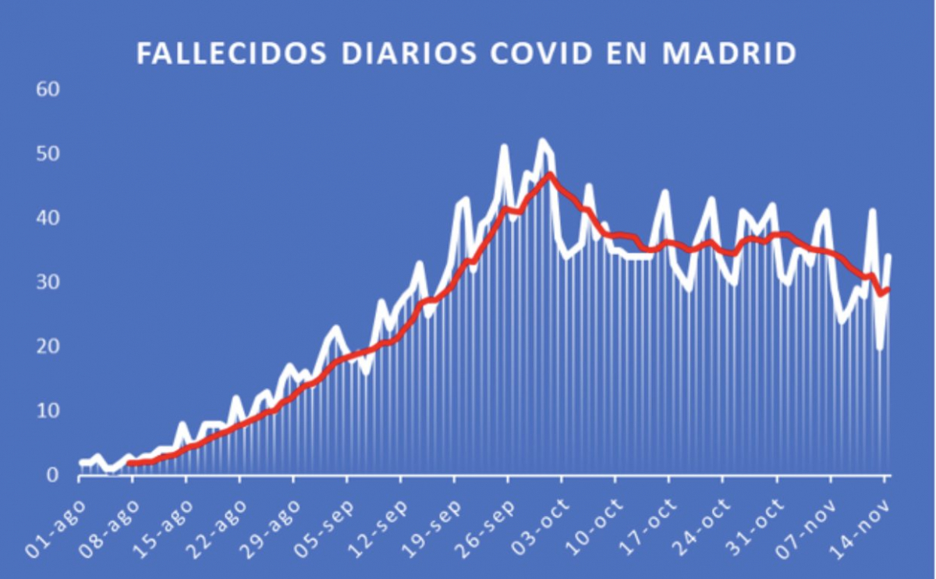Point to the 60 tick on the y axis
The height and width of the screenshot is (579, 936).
(x=49, y=90)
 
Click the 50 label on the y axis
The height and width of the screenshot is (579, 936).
(x=49, y=155)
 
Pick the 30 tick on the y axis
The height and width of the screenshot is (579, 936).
(x=49, y=282)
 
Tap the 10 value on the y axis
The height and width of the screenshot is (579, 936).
(x=49, y=410)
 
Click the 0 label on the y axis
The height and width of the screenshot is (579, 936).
(x=53, y=474)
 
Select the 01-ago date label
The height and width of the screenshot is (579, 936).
(x=56, y=528)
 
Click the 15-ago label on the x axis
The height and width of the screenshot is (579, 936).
(x=163, y=528)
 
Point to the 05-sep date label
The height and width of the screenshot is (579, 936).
(x=324, y=528)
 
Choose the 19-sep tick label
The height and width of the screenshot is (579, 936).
(x=431, y=528)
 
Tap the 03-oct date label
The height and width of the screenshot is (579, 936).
(x=538, y=528)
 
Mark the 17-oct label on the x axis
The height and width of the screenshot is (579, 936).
(x=646, y=528)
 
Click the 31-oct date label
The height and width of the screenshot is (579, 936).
(x=753, y=528)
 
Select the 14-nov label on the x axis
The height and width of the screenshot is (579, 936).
(x=861, y=528)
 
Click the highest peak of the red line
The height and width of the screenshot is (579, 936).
(x=550, y=175)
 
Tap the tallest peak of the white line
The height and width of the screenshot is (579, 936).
(x=541, y=142)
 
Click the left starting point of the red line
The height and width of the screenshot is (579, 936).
(x=130, y=463)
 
